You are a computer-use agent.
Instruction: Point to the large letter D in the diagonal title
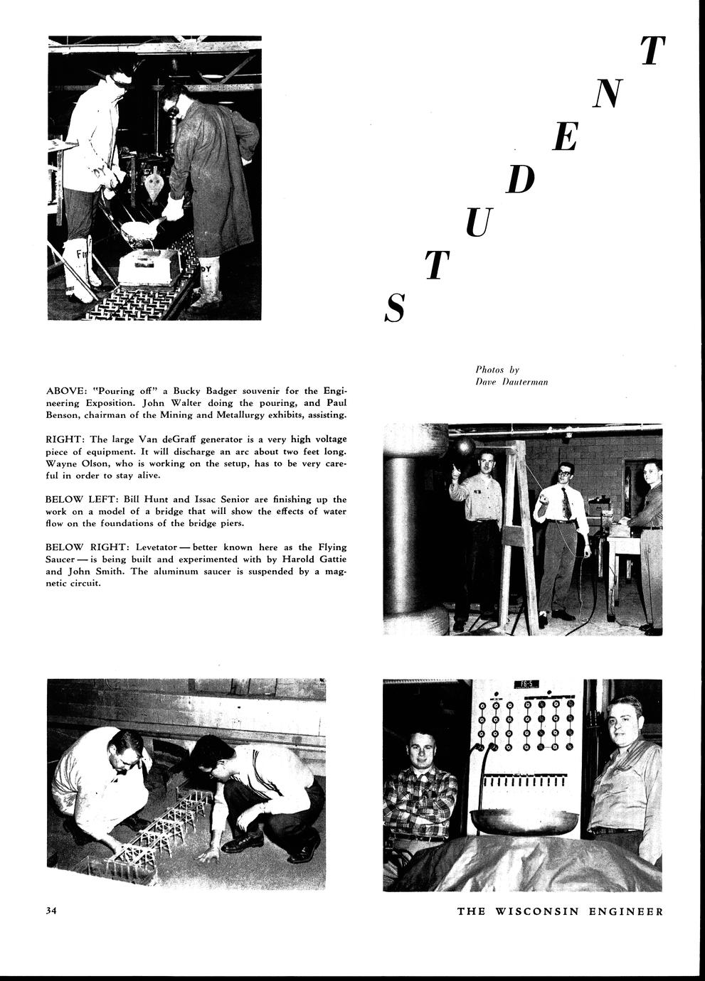(520, 181)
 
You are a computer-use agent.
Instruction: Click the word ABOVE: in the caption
(67, 391)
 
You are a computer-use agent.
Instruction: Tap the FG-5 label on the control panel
(527, 685)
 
